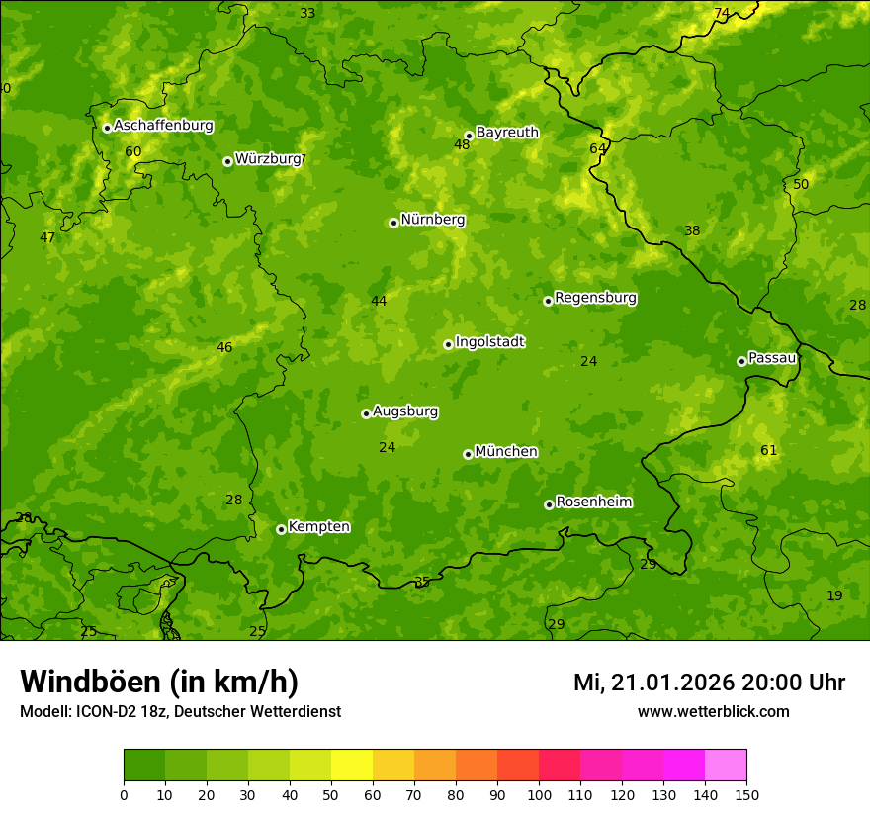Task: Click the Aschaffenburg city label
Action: pyautogui.click(x=163, y=126)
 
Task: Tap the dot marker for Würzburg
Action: pyautogui.click(x=227, y=161)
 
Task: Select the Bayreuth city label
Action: pyautogui.click(x=507, y=132)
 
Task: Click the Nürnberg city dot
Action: pyautogui.click(x=393, y=223)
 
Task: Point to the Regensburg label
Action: pyautogui.click(x=595, y=297)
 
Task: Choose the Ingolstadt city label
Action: pyautogui.click(x=489, y=342)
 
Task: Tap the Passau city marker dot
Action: pyautogui.click(x=741, y=361)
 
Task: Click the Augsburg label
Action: pyautogui.click(x=405, y=410)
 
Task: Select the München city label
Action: pyautogui.click(x=506, y=451)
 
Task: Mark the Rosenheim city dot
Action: pyautogui.click(x=549, y=504)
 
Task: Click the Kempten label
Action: pyautogui.click(x=318, y=526)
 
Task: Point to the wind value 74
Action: pyautogui.click(x=722, y=13)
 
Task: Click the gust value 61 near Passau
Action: pyautogui.click(x=768, y=450)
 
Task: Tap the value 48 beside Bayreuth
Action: pyautogui.click(x=462, y=144)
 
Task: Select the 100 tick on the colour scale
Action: pyautogui.click(x=539, y=794)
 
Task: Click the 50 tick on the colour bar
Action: pyautogui.click(x=331, y=794)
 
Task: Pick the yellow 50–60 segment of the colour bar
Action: pyautogui.click(x=352, y=765)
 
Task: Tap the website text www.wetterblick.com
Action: pyautogui.click(x=713, y=711)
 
